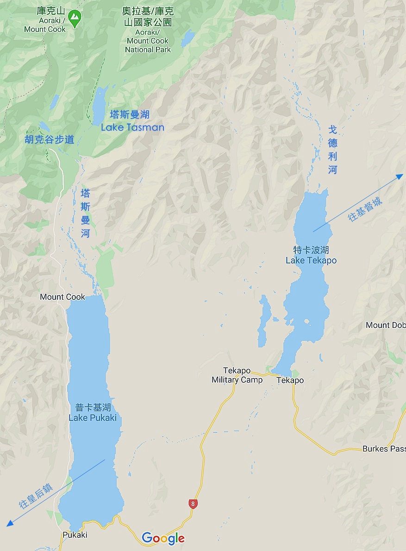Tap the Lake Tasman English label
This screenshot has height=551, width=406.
click(x=132, y=127)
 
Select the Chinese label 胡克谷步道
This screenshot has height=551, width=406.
click(x=50, y=139)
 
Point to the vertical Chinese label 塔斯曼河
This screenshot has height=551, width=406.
click(x=86, y=213)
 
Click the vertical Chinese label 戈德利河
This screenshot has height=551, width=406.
click(x=333, y=150)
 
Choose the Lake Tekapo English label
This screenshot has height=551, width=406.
click(x=311, y=260)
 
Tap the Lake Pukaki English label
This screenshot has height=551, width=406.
click(x=93, y=418)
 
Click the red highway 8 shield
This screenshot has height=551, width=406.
click(x=193, y=504)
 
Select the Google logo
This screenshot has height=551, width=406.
click(x=163, y=538)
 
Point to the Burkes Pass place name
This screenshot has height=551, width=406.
click(x=383, y=449)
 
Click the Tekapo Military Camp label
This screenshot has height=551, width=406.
click(x=237, y=376)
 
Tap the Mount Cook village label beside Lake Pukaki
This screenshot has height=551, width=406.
click(x=62, y=297)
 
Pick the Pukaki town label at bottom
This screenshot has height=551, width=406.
click(x=75, y=535)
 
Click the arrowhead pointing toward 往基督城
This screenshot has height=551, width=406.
click(x=400, y=176)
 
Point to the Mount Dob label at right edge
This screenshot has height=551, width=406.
click(x=385, y=325)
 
